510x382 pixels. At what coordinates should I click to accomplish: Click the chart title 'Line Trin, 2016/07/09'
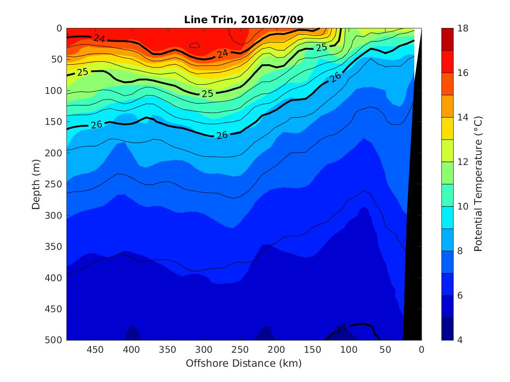click(x=243, y=20)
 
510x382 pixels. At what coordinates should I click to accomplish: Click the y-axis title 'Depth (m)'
click(x=36, y=183)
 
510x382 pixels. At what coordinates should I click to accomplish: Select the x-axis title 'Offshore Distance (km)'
click(x=243, y=363)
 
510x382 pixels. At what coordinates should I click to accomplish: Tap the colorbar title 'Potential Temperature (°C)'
click(x=478, y=184)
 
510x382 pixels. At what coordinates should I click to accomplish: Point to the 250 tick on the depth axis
click(x=55, y=184)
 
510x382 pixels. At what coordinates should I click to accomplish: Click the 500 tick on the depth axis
click(x=55, y=340)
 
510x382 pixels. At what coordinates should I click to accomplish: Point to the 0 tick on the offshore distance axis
click(x=421, y=349)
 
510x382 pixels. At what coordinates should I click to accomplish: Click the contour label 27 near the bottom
click(x=341, y=328)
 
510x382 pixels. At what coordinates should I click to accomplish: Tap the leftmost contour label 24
click(x=99, y=38)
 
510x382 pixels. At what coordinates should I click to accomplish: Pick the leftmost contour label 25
click(x=83, y=72)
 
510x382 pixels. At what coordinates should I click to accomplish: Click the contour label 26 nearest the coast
click(x=335, y=78)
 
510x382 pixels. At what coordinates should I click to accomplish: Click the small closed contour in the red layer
click(x=194, y=45)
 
